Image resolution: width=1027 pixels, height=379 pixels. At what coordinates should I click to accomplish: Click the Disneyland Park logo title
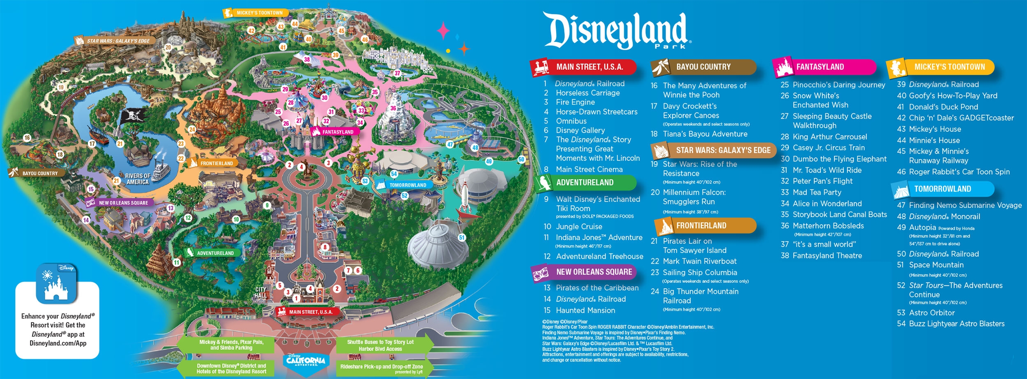[x=616, y=31]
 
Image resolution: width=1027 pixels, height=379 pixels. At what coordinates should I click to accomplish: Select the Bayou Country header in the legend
[x=703, y=67]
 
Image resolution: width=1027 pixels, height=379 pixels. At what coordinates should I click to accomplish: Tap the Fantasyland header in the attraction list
[x=820, y=67]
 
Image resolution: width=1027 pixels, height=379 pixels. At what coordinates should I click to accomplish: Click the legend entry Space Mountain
[x=936, y=265]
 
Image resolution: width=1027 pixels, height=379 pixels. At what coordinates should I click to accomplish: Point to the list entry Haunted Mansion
[x=585, y=311]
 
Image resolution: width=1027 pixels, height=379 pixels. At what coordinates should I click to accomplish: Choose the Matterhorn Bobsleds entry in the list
[x=828, y=226]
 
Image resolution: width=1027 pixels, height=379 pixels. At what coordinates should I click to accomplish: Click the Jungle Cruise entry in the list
[x=579, y=227]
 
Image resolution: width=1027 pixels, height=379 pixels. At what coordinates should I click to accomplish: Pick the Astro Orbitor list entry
[x=932, y=313]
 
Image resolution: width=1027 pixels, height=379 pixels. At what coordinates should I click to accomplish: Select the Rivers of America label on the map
[x=138, y=179]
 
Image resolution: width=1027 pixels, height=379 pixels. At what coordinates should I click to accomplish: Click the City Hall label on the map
[x=260, y=292]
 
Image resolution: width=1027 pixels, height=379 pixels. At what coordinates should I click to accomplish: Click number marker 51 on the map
[x=462, y=238]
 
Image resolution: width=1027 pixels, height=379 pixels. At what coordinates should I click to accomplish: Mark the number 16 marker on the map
[x=27, y=138]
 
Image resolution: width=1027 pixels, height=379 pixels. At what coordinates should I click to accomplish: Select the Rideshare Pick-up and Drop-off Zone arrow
[x=382, y=368]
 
